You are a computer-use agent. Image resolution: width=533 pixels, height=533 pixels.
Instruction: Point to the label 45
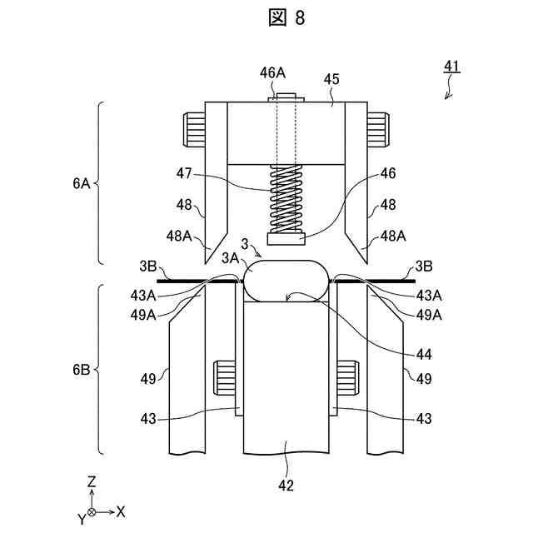tap(331, 78)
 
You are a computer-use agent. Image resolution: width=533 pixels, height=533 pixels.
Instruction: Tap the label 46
tap(387, 174)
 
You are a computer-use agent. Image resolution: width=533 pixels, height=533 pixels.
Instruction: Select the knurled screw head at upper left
tap(192, 128)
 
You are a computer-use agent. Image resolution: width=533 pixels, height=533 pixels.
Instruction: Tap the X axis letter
tap(121, 511)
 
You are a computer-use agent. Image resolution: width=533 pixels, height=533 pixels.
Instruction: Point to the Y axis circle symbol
tap(92, 511)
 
